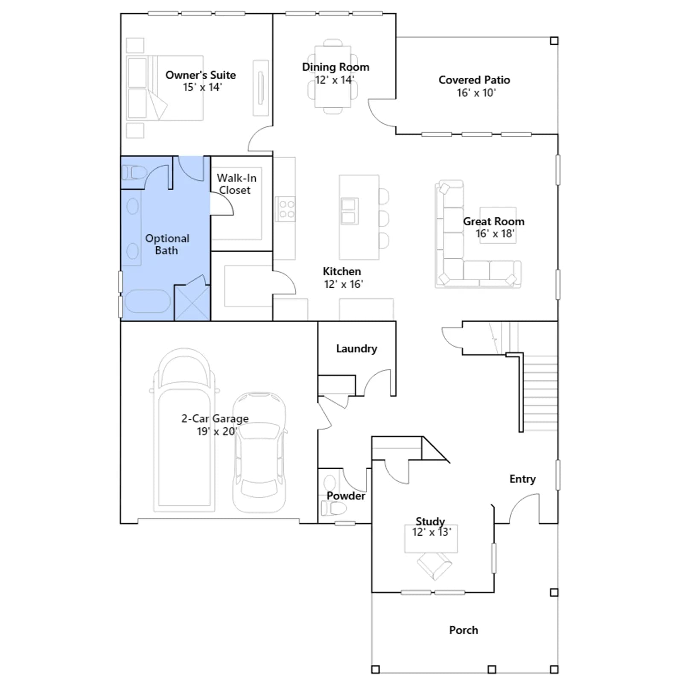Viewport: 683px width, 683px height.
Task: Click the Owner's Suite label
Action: click(201, 75)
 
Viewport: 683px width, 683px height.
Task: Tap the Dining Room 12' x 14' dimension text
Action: click(335, 80)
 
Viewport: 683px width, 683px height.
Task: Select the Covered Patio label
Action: click(474, 80)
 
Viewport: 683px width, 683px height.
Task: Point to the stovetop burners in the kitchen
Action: click(285, 209)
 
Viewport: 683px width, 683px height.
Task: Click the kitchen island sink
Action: click(349, 211)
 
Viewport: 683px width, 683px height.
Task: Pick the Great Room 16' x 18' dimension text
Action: click(495, 234)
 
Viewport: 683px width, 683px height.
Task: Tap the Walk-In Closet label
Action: click(236, 184)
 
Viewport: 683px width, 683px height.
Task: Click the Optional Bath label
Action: click(167, 244)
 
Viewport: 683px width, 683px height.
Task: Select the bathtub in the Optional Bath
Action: click(148, 301)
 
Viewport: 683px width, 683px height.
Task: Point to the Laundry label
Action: click(356, 349)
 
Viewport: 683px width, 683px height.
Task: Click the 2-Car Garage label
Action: click(215, 419)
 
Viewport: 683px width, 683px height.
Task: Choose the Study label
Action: click(430, 521)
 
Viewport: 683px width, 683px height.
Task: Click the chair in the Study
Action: click(434, 566)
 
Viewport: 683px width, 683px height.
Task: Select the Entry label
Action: click(522, 479)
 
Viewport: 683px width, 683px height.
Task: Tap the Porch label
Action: click(464, 630)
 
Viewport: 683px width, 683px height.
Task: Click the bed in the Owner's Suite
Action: click(165, 88)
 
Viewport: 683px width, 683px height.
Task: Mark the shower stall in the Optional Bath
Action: click(192, 302)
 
